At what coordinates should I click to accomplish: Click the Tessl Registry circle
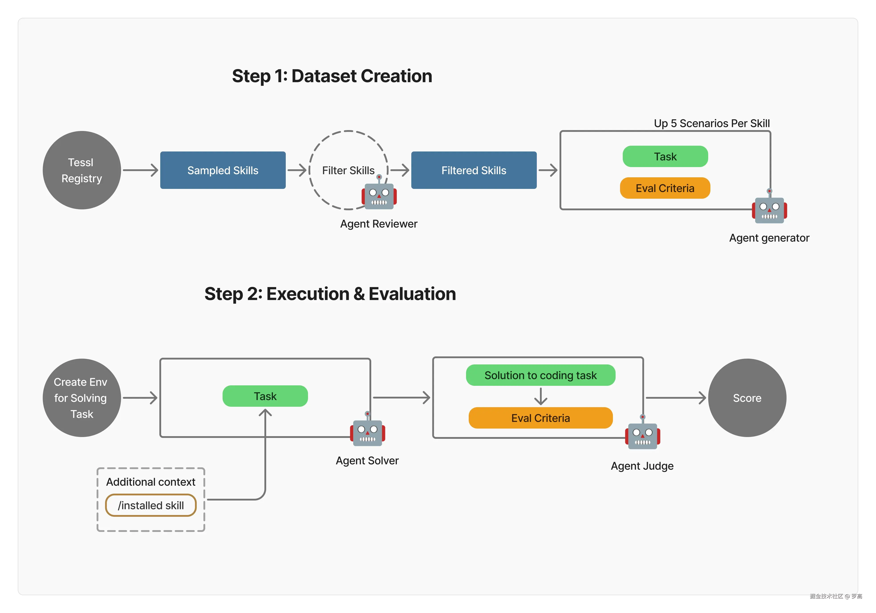click(x=82, y=170)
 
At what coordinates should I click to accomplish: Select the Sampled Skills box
click(x=223, y=170)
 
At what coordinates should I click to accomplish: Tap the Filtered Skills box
click(x=474, y=170)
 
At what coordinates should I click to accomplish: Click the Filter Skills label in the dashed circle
click(x=348, y=170)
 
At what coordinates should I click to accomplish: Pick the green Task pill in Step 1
click(x=665, y=157)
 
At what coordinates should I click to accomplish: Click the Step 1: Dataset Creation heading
click(x=332, y=76)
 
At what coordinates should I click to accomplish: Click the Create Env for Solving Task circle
click(x=82, y=398)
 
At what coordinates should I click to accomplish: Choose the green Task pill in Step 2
click(x=265, y=396)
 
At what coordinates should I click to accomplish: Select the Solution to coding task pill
click(x=541, y=375)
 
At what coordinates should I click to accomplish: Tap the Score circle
click(x=747, y=398)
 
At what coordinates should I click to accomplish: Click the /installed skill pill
click(x=151, y=505)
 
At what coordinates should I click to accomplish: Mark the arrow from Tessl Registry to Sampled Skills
click(x=140, y=170)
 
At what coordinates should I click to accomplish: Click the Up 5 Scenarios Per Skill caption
click(x=712, y=123)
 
